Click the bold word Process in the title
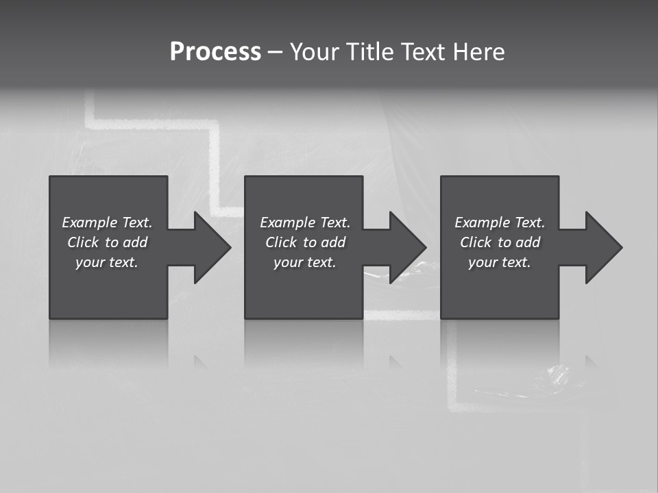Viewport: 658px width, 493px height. (215, 52)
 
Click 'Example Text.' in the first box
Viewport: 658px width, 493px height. (107, 223)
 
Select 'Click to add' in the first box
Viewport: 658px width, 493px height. (107, 242)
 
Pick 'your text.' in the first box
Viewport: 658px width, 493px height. (107, 262)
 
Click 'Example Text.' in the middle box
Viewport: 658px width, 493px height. (305, 223)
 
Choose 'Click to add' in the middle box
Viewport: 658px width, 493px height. (305, 242)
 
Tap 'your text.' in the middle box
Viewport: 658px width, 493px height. (305, 262)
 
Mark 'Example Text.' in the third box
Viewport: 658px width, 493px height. (500, 223)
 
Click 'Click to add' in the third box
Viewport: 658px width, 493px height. (500, 242)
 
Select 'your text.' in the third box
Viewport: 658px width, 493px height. (500, 262)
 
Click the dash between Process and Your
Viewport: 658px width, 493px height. (275, 52)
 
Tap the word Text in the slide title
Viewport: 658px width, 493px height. (422, 52)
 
